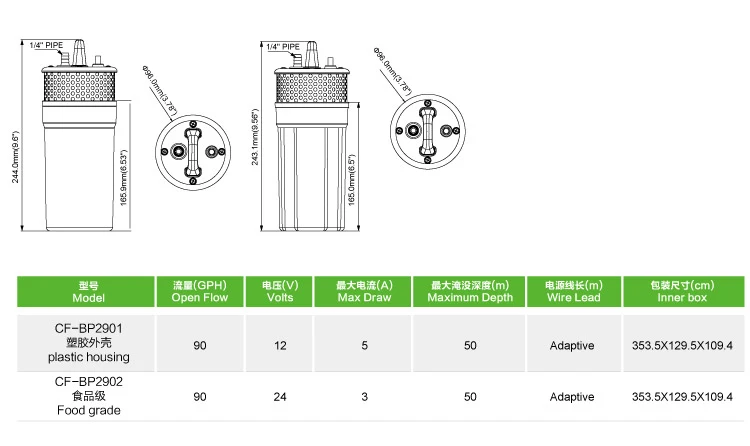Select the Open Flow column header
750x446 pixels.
200,291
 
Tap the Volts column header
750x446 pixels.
280,291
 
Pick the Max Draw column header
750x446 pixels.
364,291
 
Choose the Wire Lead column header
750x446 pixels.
573,291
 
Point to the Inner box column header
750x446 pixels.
683,291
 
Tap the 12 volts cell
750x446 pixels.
280,345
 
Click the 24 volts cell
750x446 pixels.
280,397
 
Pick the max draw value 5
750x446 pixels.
364,345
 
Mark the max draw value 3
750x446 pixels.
364,397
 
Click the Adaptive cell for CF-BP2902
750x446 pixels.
572,397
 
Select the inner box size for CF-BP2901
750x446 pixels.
683,345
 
